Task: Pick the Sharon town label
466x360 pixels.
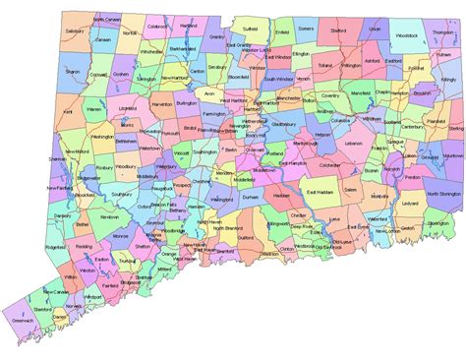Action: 72,72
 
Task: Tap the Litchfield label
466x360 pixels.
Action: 127,110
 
